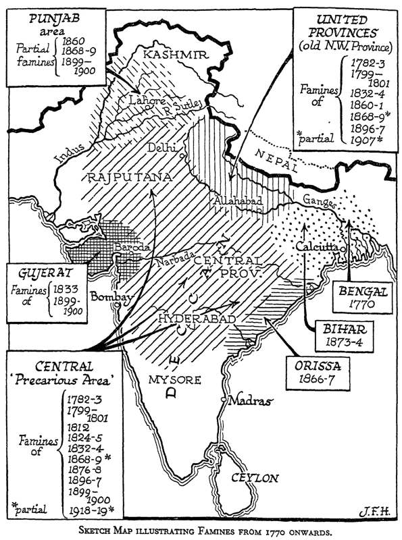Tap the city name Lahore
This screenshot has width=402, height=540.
(140, 101)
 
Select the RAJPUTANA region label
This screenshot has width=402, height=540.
(128, 177)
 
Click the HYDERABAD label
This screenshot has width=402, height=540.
(197, 318)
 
